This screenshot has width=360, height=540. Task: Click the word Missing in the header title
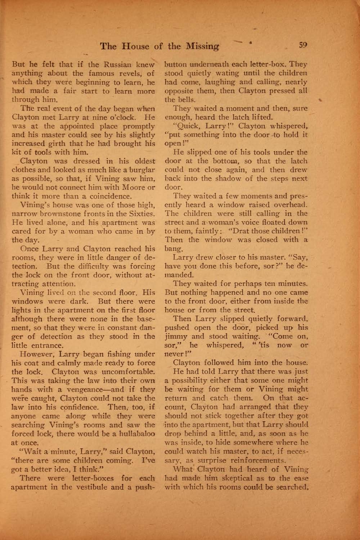point(202,46)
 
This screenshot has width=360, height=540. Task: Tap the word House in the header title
point(136,46)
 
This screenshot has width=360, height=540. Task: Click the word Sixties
point(141,214)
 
